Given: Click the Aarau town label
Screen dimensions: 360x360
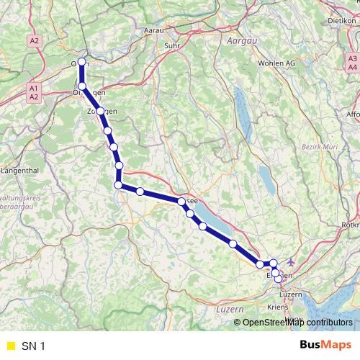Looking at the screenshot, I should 154,32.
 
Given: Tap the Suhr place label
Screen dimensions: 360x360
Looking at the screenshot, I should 172,46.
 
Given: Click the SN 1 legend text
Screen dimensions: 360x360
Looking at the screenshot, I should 34,346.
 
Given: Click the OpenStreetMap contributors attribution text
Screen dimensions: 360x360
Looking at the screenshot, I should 297,323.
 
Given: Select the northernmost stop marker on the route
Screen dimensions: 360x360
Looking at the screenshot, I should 82,62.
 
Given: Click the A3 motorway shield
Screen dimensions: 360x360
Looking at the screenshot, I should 351,58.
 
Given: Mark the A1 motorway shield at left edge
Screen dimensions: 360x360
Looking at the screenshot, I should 33,88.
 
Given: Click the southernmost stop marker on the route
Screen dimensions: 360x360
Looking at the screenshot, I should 278,279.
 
